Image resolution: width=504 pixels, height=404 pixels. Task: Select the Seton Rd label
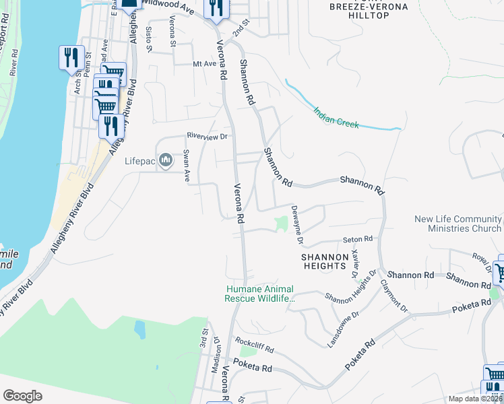pos(357,239)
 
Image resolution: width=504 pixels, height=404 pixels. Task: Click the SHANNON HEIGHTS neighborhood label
pos(323,261)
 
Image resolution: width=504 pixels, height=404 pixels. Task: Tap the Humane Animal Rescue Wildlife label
pos(261,294)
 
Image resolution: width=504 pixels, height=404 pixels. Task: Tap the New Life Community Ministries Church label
pos(458,224)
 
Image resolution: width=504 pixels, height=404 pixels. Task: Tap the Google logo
pos(22,396)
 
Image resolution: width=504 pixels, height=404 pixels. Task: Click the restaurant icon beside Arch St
pos(71,59)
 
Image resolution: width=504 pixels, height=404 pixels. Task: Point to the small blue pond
pos(139,329)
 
